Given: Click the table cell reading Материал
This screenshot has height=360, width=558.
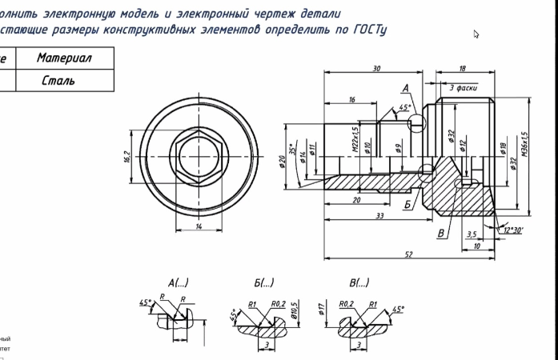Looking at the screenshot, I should point(64,58).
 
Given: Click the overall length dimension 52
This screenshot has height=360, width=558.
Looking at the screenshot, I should point(409,254).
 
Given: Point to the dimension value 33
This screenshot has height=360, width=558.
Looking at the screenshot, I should point(379,215).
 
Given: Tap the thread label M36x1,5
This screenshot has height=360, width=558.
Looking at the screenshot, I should point(524,146).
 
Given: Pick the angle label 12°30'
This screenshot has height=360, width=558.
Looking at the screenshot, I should point(513,230).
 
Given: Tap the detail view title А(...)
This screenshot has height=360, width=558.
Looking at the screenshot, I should point(178,282).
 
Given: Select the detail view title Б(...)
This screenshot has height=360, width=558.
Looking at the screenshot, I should point(263,282).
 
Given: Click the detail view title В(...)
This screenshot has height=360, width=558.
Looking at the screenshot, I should point(359,282).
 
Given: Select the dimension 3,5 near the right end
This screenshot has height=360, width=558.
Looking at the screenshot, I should point(472,234).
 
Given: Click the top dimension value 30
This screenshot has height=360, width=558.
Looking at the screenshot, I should point(376,69).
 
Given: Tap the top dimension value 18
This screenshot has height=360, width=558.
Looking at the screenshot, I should point(463,69).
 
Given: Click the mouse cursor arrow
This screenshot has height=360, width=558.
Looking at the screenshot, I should point(476,34).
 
